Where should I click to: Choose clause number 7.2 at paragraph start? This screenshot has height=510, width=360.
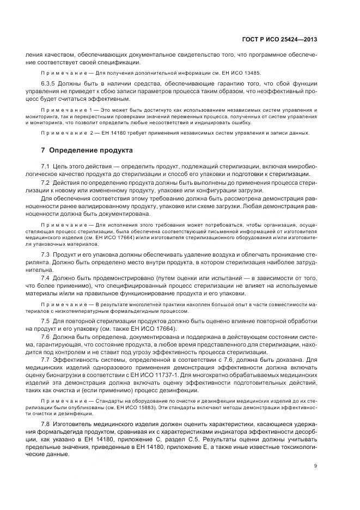pos(45,183)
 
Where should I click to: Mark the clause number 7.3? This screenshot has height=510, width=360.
pos(45,254)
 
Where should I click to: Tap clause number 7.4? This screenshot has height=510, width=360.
pos(45,278)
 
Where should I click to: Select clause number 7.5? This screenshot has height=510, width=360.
pos(45,321)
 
